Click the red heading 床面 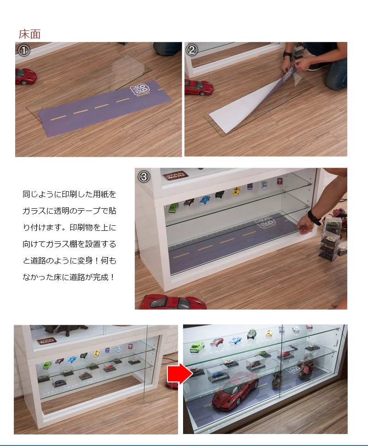pyautogui.click(x=29, y=34)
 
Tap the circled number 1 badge pyautogui.click(x=23, y=50)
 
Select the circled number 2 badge pyautogui.click(x=193, y=50)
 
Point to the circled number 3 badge pyautogui.click(x=144, y=176)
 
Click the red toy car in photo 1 pyautogui.click(x=25, y=76)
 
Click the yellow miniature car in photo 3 pyautogui.click(x=236, y=190)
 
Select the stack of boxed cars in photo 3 pyautogui.click(x=330, y=237)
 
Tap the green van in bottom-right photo pyautogui.click(x=197, y=346)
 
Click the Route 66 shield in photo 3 pyautogui.click(x=267, y=223)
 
